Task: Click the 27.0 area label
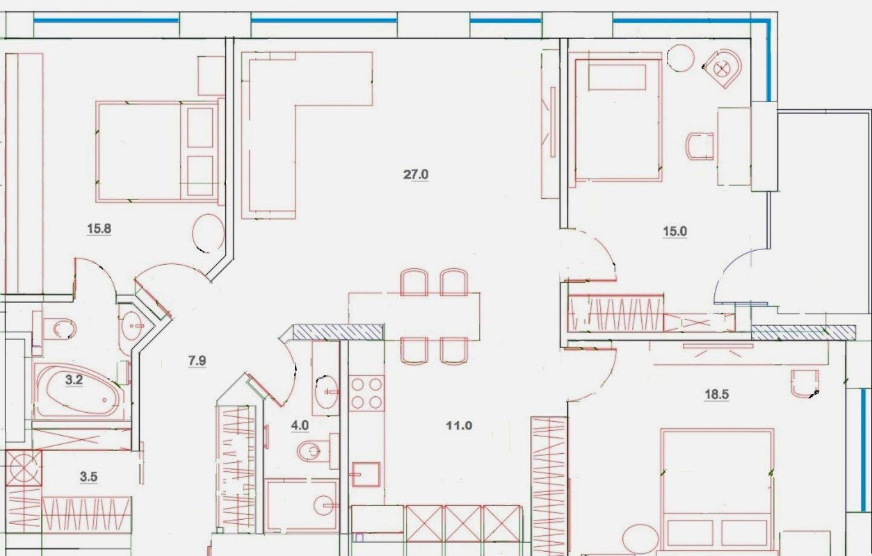[416, 174]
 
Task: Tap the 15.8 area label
[99, 229]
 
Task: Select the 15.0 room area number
[675, 231]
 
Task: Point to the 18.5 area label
[717, 395]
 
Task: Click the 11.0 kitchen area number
[459, 425]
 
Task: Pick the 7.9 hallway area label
[197, 361]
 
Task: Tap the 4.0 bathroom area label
[300, 425]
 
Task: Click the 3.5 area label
[88, 477]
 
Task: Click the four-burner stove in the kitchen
[366, 393]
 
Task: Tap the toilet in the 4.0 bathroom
[317, 451]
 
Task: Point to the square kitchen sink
[366, 474]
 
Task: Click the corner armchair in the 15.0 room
[723, 69]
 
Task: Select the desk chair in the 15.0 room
[700, 146]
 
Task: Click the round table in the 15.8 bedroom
[209, 234]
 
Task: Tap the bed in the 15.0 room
[618, 120]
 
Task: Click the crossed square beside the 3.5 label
[24, 468]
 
